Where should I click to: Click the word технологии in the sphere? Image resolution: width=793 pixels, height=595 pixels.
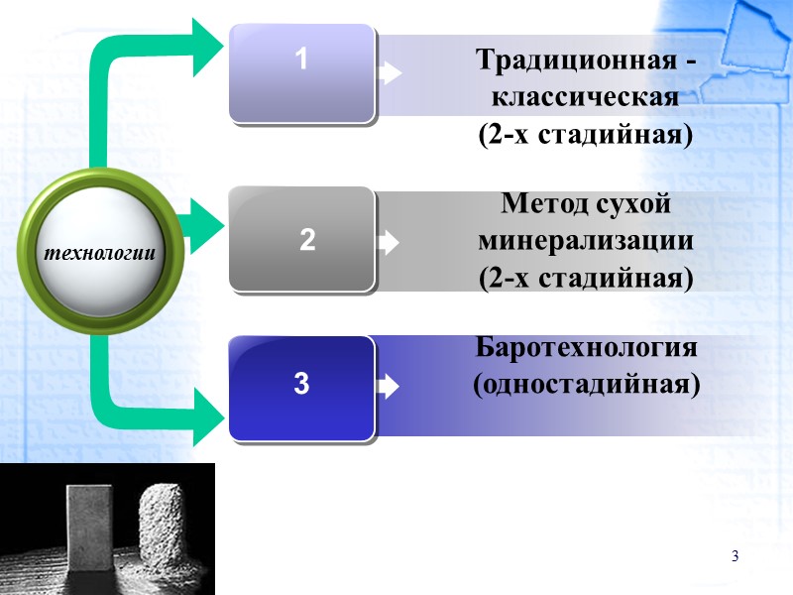coord(99,252)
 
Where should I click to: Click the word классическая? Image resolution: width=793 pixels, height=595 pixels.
coord(585,97)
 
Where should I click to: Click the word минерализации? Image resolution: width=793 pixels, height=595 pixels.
coord(585,241)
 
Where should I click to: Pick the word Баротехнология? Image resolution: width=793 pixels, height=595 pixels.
coord(587,348)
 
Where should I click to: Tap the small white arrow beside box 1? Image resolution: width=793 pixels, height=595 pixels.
coord(391,73)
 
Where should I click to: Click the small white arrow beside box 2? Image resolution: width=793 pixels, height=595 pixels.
coord(391,242)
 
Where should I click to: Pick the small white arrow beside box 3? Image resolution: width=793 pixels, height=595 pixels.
coord(391,385)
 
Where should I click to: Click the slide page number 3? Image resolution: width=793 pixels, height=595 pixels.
coord(736,555)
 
